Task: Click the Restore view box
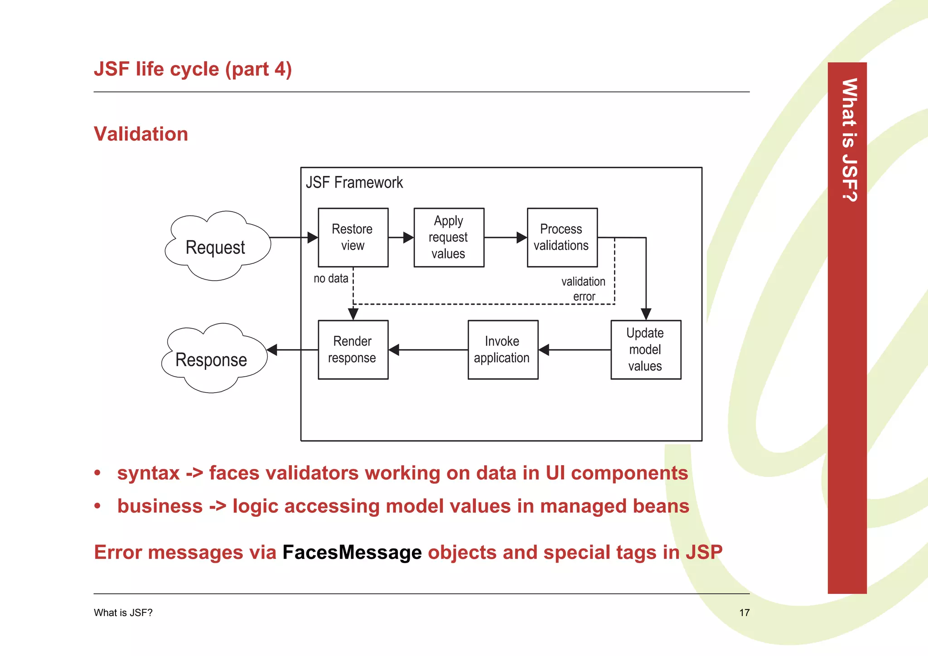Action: [x=353, y=237]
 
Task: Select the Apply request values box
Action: [x=449, y=237]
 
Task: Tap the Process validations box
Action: [x=562, y=237]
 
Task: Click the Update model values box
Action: [x=645, y=350]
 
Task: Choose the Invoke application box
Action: [x=503, y=350]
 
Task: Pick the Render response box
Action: [x=353, y=350]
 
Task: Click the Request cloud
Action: [x=216, y=247]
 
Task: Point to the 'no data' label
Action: [x=331, y=278]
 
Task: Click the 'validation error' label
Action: [x=583, y=289]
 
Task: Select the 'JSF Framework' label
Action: [x=354, y=182]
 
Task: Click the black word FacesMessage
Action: [x=352, y=552]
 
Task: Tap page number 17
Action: [x=744, y=612]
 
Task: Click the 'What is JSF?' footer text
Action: [x=123, y=612]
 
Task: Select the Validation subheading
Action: [x=140, y=134]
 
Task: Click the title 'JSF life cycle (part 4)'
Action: [x=193, y=69]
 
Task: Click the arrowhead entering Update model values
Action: [x=646, y=314]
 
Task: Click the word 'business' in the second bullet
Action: [x=160, y=506]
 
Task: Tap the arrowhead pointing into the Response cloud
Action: [x=272, y=350]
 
